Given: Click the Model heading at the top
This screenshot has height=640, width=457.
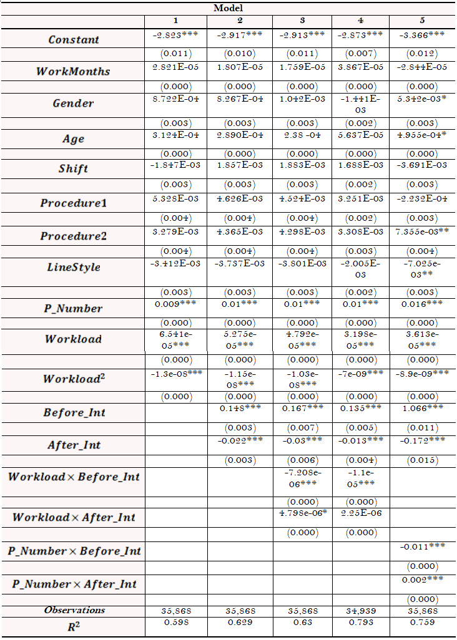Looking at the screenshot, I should tap(228, 8).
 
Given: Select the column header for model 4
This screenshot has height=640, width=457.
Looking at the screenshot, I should tap(360, 21).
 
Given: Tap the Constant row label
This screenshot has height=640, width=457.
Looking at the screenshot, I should tap(74, 39).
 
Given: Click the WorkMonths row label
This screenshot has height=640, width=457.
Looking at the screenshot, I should tap(74, 71).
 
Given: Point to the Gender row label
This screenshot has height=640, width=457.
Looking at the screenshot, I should tap(74, 103).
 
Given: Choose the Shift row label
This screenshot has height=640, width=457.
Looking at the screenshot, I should tap(74, 168).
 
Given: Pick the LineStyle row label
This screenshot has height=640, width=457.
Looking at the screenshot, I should tap(74, 267).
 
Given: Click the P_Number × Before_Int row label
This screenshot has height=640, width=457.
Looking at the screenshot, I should tap(74, 551).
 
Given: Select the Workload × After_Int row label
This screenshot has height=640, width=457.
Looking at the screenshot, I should tap(74, 517).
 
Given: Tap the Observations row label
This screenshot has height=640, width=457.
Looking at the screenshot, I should tap(74, 610).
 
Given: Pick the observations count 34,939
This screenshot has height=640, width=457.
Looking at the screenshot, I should tap(360, 611).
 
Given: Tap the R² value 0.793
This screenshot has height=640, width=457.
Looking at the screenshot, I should tap(360, 623).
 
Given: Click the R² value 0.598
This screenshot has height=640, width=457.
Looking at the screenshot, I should tap(175, 623).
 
